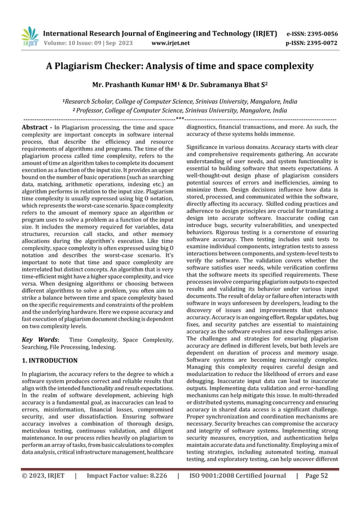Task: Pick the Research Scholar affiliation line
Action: pos(179,101)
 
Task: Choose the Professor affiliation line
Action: pos(179,111)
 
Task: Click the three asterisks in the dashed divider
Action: pos(179,119)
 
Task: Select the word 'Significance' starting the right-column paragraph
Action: pos(203,147)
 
